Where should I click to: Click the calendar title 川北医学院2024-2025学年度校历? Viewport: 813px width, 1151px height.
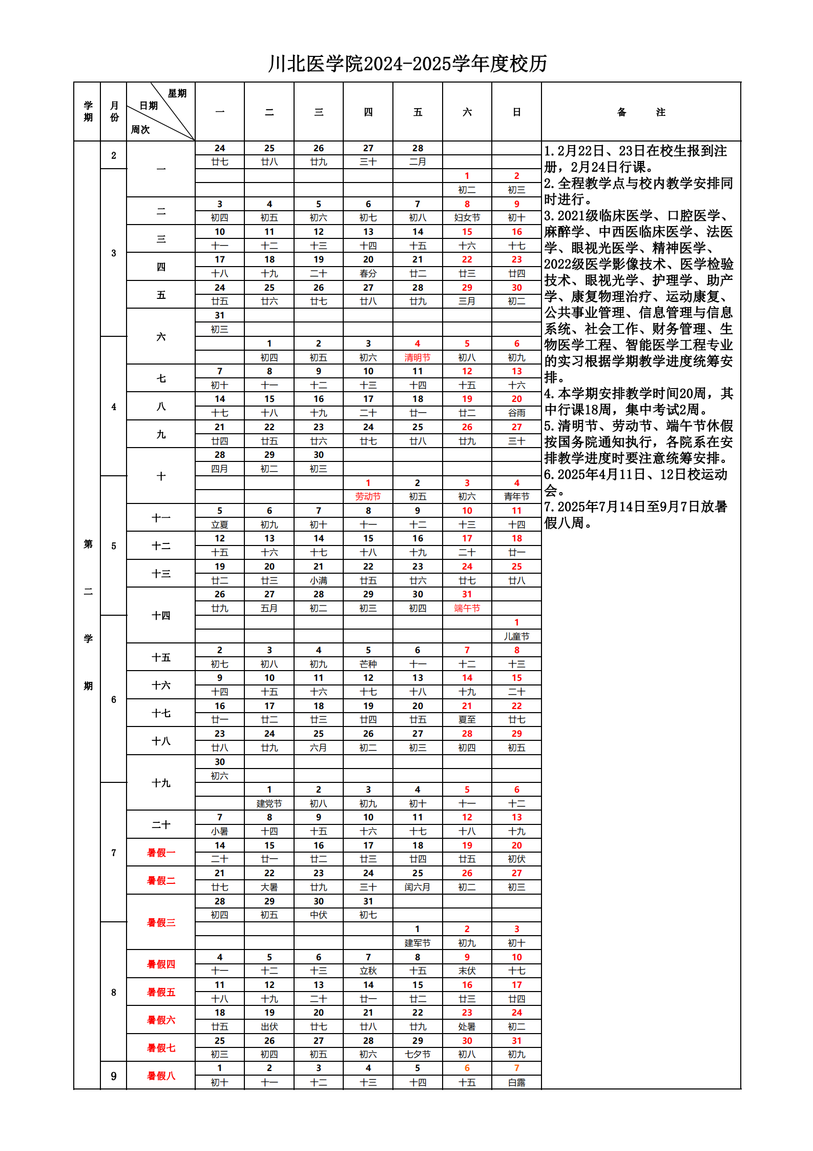pos(407,64)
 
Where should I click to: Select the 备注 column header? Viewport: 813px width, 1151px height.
pos(640,112)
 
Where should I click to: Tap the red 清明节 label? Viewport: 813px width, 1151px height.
pos(418,357)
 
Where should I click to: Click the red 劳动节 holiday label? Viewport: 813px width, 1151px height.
pos(368,496)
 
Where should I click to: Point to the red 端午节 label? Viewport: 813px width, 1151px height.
pos(467,608)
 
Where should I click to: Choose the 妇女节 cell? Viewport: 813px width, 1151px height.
pos(467,217)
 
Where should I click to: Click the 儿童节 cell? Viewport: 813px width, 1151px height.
pos(516,636)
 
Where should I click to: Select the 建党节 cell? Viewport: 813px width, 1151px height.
pos(269,803)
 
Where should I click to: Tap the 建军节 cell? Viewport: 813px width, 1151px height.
pos(418,943)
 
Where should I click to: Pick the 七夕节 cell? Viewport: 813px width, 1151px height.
pos(418,1054)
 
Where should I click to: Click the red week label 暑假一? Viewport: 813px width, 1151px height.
pos(161,853)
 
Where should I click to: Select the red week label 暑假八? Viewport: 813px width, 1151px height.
pos(161,1076)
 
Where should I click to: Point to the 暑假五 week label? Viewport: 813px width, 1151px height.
pos(161,992)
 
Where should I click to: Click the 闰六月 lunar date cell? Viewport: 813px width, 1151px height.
pos(418,887)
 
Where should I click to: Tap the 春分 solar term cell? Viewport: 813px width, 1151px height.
pos(368,273)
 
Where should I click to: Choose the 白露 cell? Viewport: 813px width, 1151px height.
pos(516,1082)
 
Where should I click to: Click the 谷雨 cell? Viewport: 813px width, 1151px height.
pos(516,413)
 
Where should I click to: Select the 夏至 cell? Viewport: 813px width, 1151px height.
pos(467,720)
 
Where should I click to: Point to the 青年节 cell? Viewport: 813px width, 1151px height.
pos(516,496)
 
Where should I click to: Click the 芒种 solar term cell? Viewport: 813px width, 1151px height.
pos(368,664)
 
